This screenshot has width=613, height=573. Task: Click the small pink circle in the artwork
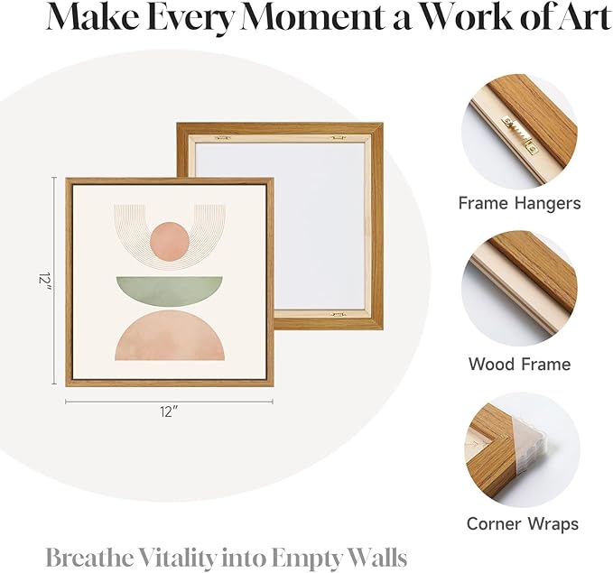170,241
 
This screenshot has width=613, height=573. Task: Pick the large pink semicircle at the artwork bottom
170,336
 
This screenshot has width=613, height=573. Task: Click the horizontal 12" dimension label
169,412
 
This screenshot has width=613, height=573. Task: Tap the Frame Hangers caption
520,203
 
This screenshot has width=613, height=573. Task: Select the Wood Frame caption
520,364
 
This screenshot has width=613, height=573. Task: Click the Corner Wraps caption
523,523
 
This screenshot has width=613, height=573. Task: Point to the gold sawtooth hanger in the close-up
520,132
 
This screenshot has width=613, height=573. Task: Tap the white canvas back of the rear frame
280,226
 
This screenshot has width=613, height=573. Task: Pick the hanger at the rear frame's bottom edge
339,314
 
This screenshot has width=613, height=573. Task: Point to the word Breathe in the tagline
89,558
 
